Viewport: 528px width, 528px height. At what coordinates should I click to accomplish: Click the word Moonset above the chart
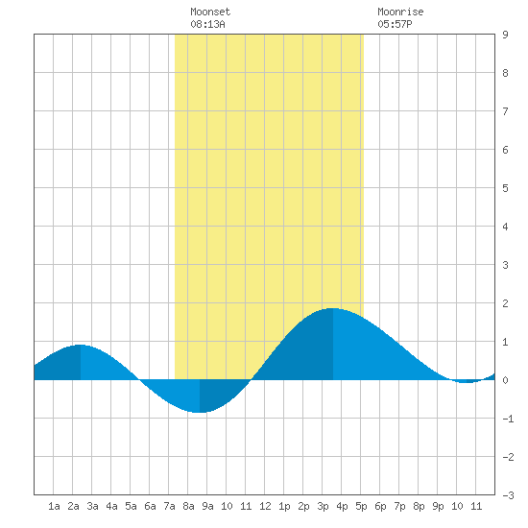click(210, 12)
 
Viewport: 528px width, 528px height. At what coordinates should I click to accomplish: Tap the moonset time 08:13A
click(207, 24)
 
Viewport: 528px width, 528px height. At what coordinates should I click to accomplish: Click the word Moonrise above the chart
click(400, 12)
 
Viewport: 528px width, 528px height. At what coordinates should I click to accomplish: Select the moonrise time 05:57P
click(395, 24)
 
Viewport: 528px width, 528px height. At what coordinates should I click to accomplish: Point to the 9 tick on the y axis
click(505, 35)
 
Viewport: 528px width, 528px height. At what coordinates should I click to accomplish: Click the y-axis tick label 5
click(505, 188)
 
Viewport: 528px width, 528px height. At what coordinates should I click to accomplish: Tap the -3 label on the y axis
click(508, 495)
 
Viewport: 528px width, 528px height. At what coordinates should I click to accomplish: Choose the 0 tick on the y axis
click(505, 380)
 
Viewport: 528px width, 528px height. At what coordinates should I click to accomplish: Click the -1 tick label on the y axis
click(508, 419)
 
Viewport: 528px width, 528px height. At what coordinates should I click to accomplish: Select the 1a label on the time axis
click(54, 506)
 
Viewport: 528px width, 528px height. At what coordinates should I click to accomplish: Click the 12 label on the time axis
click(265, 506)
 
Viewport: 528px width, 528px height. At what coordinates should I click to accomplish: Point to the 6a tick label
click(150, 506)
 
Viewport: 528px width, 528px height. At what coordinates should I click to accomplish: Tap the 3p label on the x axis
click(323, 506)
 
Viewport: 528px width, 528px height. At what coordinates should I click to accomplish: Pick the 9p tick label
click(438, 506)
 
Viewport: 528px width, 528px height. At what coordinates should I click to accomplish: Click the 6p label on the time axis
click(380, 506)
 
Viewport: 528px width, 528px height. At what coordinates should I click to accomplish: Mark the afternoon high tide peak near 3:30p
click(333, 308)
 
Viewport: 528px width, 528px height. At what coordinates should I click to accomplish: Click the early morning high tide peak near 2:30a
click(80, 346)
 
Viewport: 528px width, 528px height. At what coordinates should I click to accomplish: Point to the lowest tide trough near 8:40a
click(200, 412)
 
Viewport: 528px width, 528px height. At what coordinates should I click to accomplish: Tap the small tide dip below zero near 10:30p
click(466, 382)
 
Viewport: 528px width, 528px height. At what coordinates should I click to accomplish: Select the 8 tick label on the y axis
click(505, 73)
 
